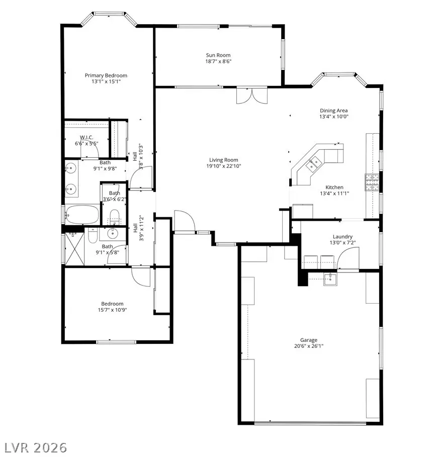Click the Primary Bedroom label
[x=106, y=75]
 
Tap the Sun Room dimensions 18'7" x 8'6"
[x=218, y=62]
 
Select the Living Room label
[x=223, y=160]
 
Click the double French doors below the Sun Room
[x=250, y=96]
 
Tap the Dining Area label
[x=334, y=111]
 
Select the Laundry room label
[x=342, y=236]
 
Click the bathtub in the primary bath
[x=81, y=215]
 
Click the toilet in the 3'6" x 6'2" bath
[x=114, y=217]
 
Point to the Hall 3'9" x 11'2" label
[x=138, y=228]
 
